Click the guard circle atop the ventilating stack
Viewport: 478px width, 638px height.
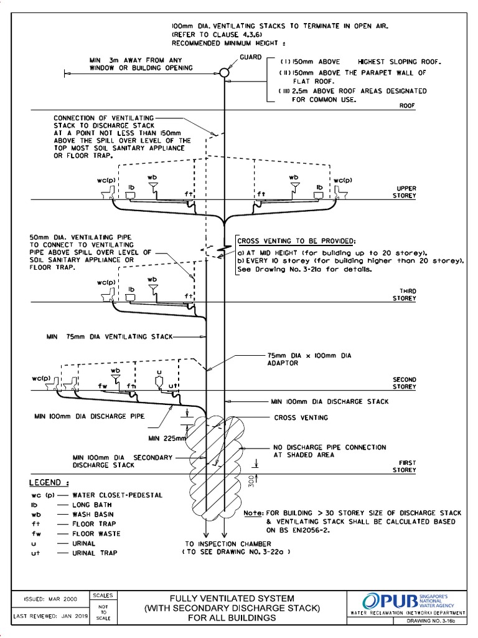click(x=224, y=73)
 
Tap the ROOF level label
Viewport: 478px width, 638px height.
click(x=406, y=106)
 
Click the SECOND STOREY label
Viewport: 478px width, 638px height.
click(x=404, y=383)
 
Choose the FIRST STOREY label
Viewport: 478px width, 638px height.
click(x=404, y=466)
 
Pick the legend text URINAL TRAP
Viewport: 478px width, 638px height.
click(x=95, y=553)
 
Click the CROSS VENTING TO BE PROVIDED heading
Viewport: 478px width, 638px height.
click(x=296, y=241)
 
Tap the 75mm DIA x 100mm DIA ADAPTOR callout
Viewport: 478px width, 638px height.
click(x=309, y=359)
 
